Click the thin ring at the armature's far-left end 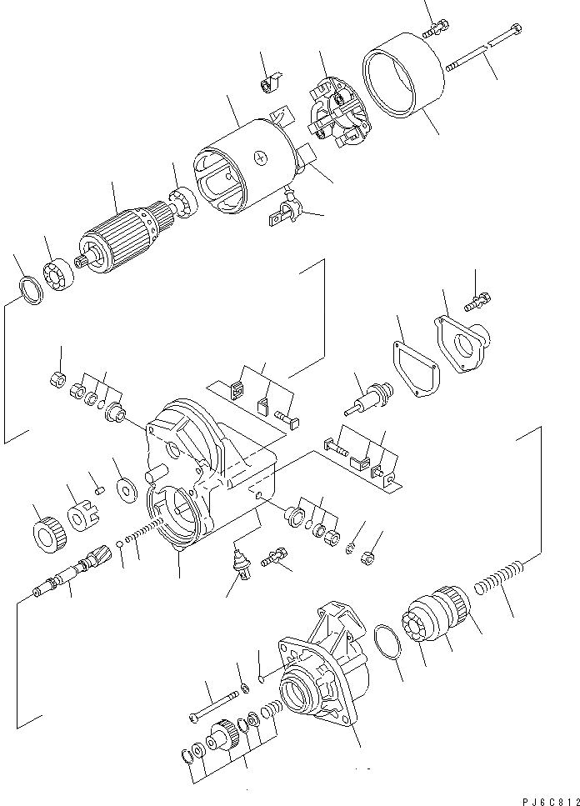click(x=30, y=292)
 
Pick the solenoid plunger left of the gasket click(x=366, y=400)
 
